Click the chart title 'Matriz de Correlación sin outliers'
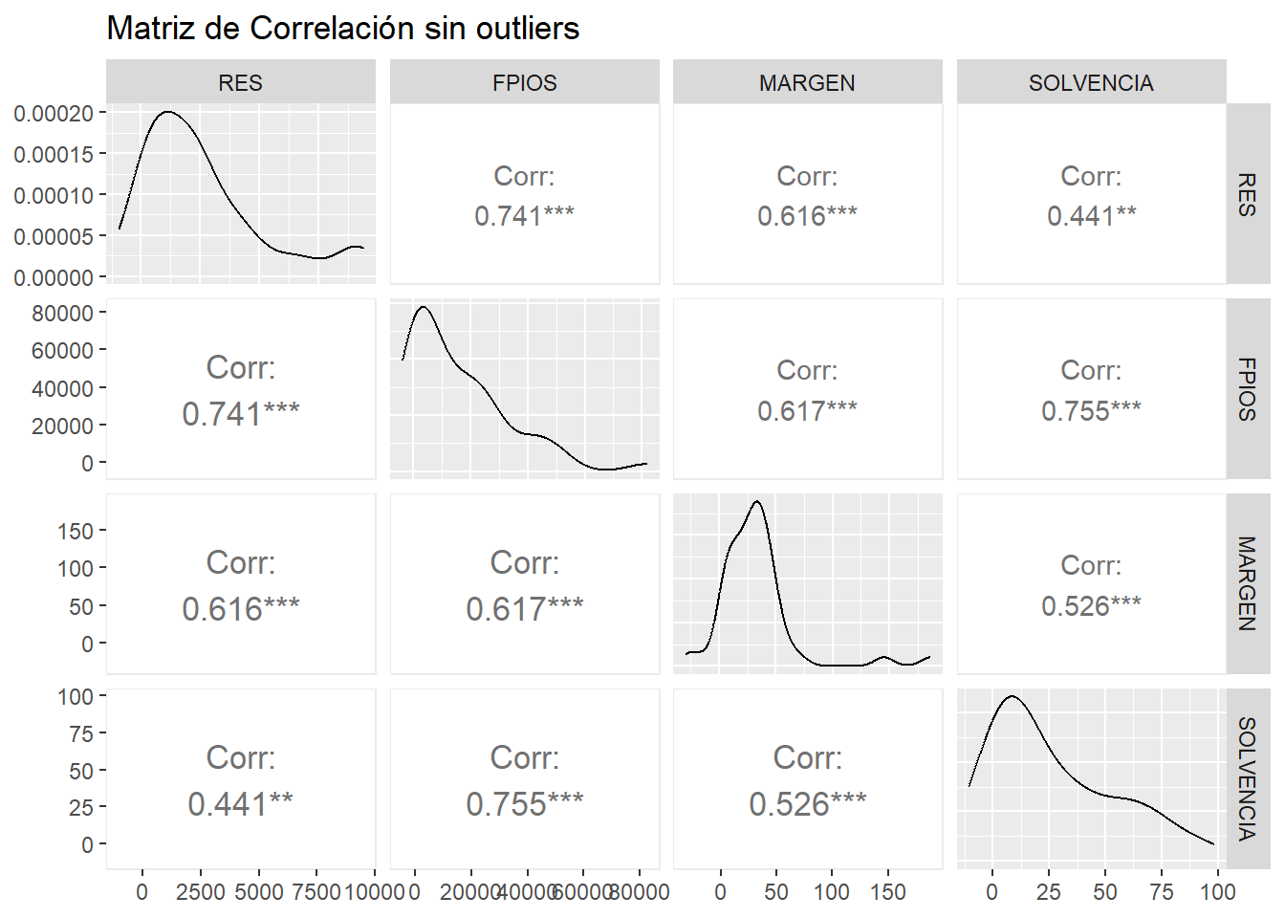(x=342, y=29)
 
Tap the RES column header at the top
(x=240, y=83)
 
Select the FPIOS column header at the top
(x=524, y=83)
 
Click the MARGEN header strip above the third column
(x=807, y=83)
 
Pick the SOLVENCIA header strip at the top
(x=1091, y=83)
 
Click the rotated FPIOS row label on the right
(x=1247, y=389)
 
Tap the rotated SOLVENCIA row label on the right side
(x=1247, y=778)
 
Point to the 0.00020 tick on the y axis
(x=54, y=114)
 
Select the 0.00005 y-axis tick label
(x=54, y=237)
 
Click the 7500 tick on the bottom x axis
(x=316, y=892)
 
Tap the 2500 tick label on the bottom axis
(x=201, y=892)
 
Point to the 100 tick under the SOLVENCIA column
(x=1218, y=892)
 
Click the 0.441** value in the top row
(x=1091, y=216)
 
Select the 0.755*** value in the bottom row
(x=524, y=804)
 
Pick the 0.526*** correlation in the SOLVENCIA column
(x=1091, y=605)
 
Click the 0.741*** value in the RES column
(x=240, y=414)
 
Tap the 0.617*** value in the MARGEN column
(x=807, y=411)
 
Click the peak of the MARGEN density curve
(x=757, y=501)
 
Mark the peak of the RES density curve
(x=168, y=112)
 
